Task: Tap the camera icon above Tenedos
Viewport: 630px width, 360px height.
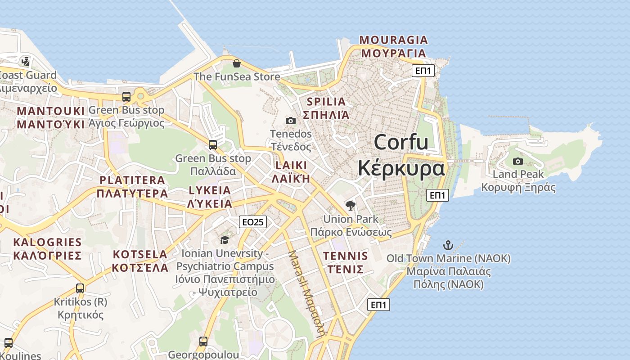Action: [x=291, y=121]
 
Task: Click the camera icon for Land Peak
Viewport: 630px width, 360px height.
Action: [x=518, y=161]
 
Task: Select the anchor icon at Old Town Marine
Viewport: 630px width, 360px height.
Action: [x=448, y=245]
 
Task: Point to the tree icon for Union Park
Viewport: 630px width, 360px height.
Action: [x=350, y=206]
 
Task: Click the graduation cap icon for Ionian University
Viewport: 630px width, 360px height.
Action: [x=225, y=240]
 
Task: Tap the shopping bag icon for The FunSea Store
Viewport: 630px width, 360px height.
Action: [x=236, y=63]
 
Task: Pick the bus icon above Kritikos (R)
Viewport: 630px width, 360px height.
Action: [x=80, y=288]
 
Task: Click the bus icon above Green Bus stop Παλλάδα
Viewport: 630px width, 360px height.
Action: [x=213, y=145]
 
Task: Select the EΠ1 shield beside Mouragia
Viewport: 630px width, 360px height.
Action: [x=423, y=70]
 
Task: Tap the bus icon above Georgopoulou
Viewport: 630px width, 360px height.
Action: [x=203, y=342]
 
